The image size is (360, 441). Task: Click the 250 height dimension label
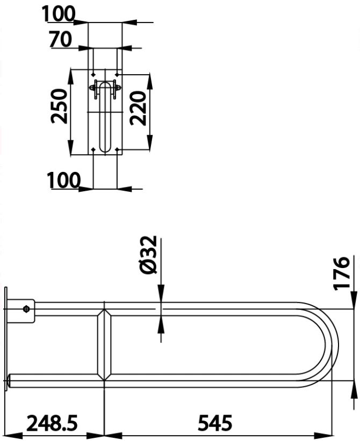click(x=59, y=106)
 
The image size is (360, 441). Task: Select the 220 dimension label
click(x=138, y=109)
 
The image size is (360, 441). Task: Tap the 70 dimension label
click(x=61, y=39)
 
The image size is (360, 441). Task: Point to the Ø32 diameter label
click(x=148, y=255)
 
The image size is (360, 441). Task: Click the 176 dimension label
click(x=341, y=272)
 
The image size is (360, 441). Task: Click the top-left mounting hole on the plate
click(x=93, y=75)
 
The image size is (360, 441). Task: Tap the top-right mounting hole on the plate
click(x=117, y=75)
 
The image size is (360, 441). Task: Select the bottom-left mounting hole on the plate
click(x=93, y=149)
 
